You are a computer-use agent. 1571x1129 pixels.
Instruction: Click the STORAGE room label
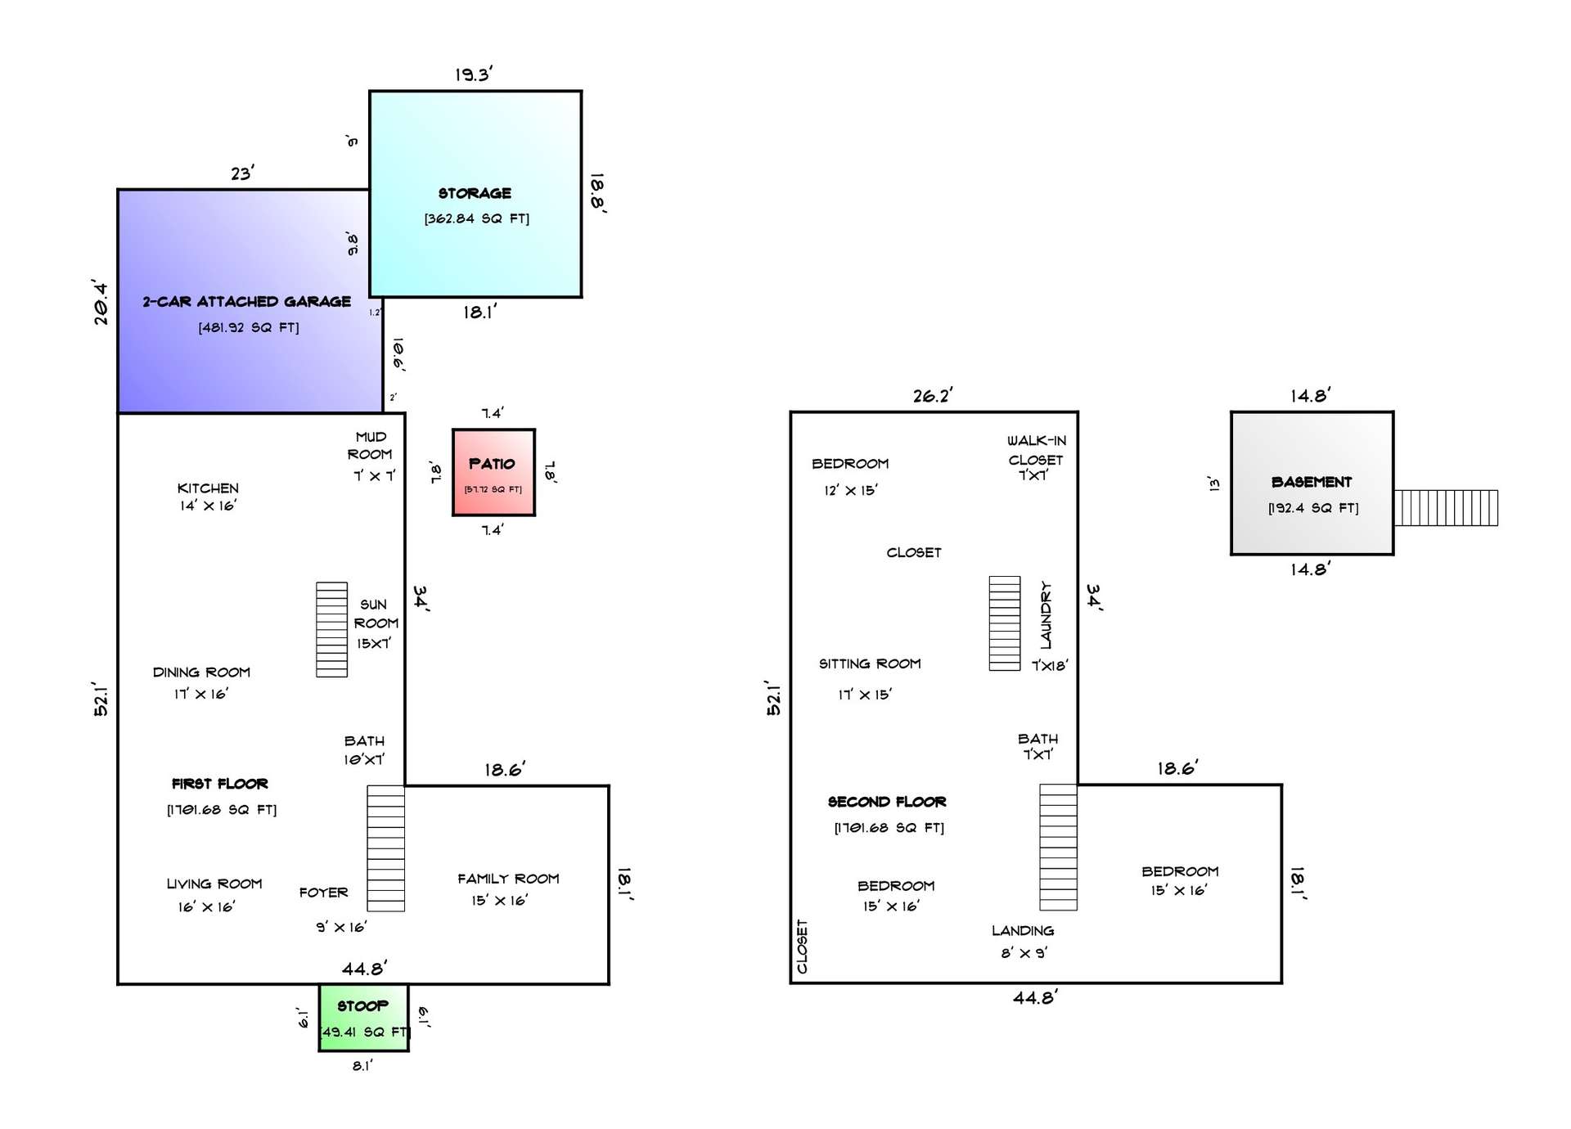[475, 193]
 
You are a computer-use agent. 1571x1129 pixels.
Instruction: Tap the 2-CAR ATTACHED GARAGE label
[246, 301]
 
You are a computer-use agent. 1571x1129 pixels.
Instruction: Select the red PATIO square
[493, 472]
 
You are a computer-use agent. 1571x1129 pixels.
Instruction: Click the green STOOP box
[363, 1018]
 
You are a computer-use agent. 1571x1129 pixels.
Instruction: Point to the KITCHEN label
[208, 488]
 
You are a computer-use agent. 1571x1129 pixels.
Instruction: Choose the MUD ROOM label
[370, 445]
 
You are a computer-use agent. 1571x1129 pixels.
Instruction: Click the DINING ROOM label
[201, 672]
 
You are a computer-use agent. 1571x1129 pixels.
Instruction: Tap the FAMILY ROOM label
[508, 878]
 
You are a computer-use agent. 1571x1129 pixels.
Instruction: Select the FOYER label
[323, 892]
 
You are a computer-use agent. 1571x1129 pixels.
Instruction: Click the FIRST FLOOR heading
[219, 783]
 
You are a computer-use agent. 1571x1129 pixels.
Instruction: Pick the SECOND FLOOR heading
[887, 801]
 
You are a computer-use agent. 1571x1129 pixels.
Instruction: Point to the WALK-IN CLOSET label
[1036, 450]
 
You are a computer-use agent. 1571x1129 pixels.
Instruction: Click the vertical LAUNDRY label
[1046, 614]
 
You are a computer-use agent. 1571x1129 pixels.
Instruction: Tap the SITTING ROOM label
[870, 663]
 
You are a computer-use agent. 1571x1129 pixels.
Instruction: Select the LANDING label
[1023, 930]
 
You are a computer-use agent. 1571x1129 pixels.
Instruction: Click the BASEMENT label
[1312, 482]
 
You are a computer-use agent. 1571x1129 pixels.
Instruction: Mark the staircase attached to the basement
[1446, 508]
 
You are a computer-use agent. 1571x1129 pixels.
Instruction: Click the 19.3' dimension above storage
[474, 74]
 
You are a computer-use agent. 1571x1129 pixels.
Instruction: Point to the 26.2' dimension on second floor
[933, 396]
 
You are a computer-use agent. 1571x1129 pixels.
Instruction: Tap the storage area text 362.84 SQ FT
[477, 218]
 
